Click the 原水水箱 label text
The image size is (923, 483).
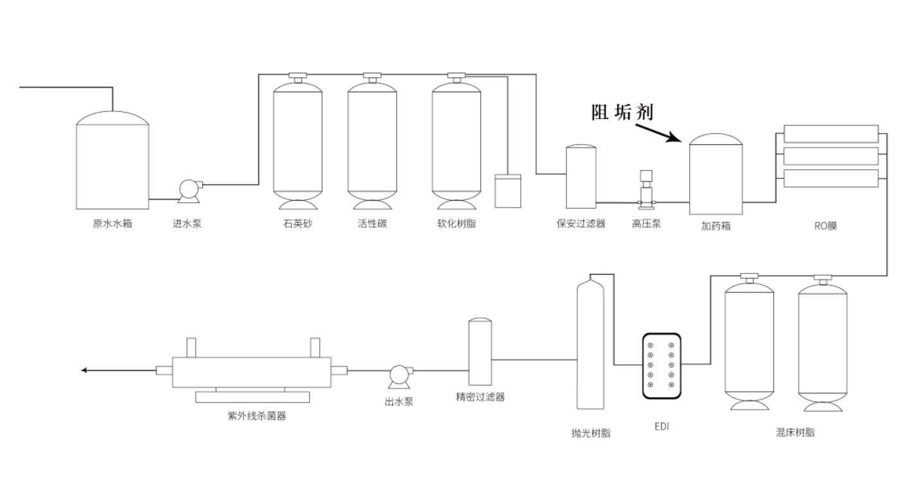point(112,224)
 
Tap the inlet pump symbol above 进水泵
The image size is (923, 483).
point(189,188)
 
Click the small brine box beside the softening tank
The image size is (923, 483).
point(507,191)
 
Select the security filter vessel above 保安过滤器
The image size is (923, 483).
point(581,177)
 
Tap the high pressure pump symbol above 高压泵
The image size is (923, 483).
point(646,190)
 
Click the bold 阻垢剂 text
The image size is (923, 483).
point(622,113)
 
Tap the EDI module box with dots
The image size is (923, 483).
point(661,365)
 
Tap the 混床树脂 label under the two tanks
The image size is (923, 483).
point(795,432)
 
